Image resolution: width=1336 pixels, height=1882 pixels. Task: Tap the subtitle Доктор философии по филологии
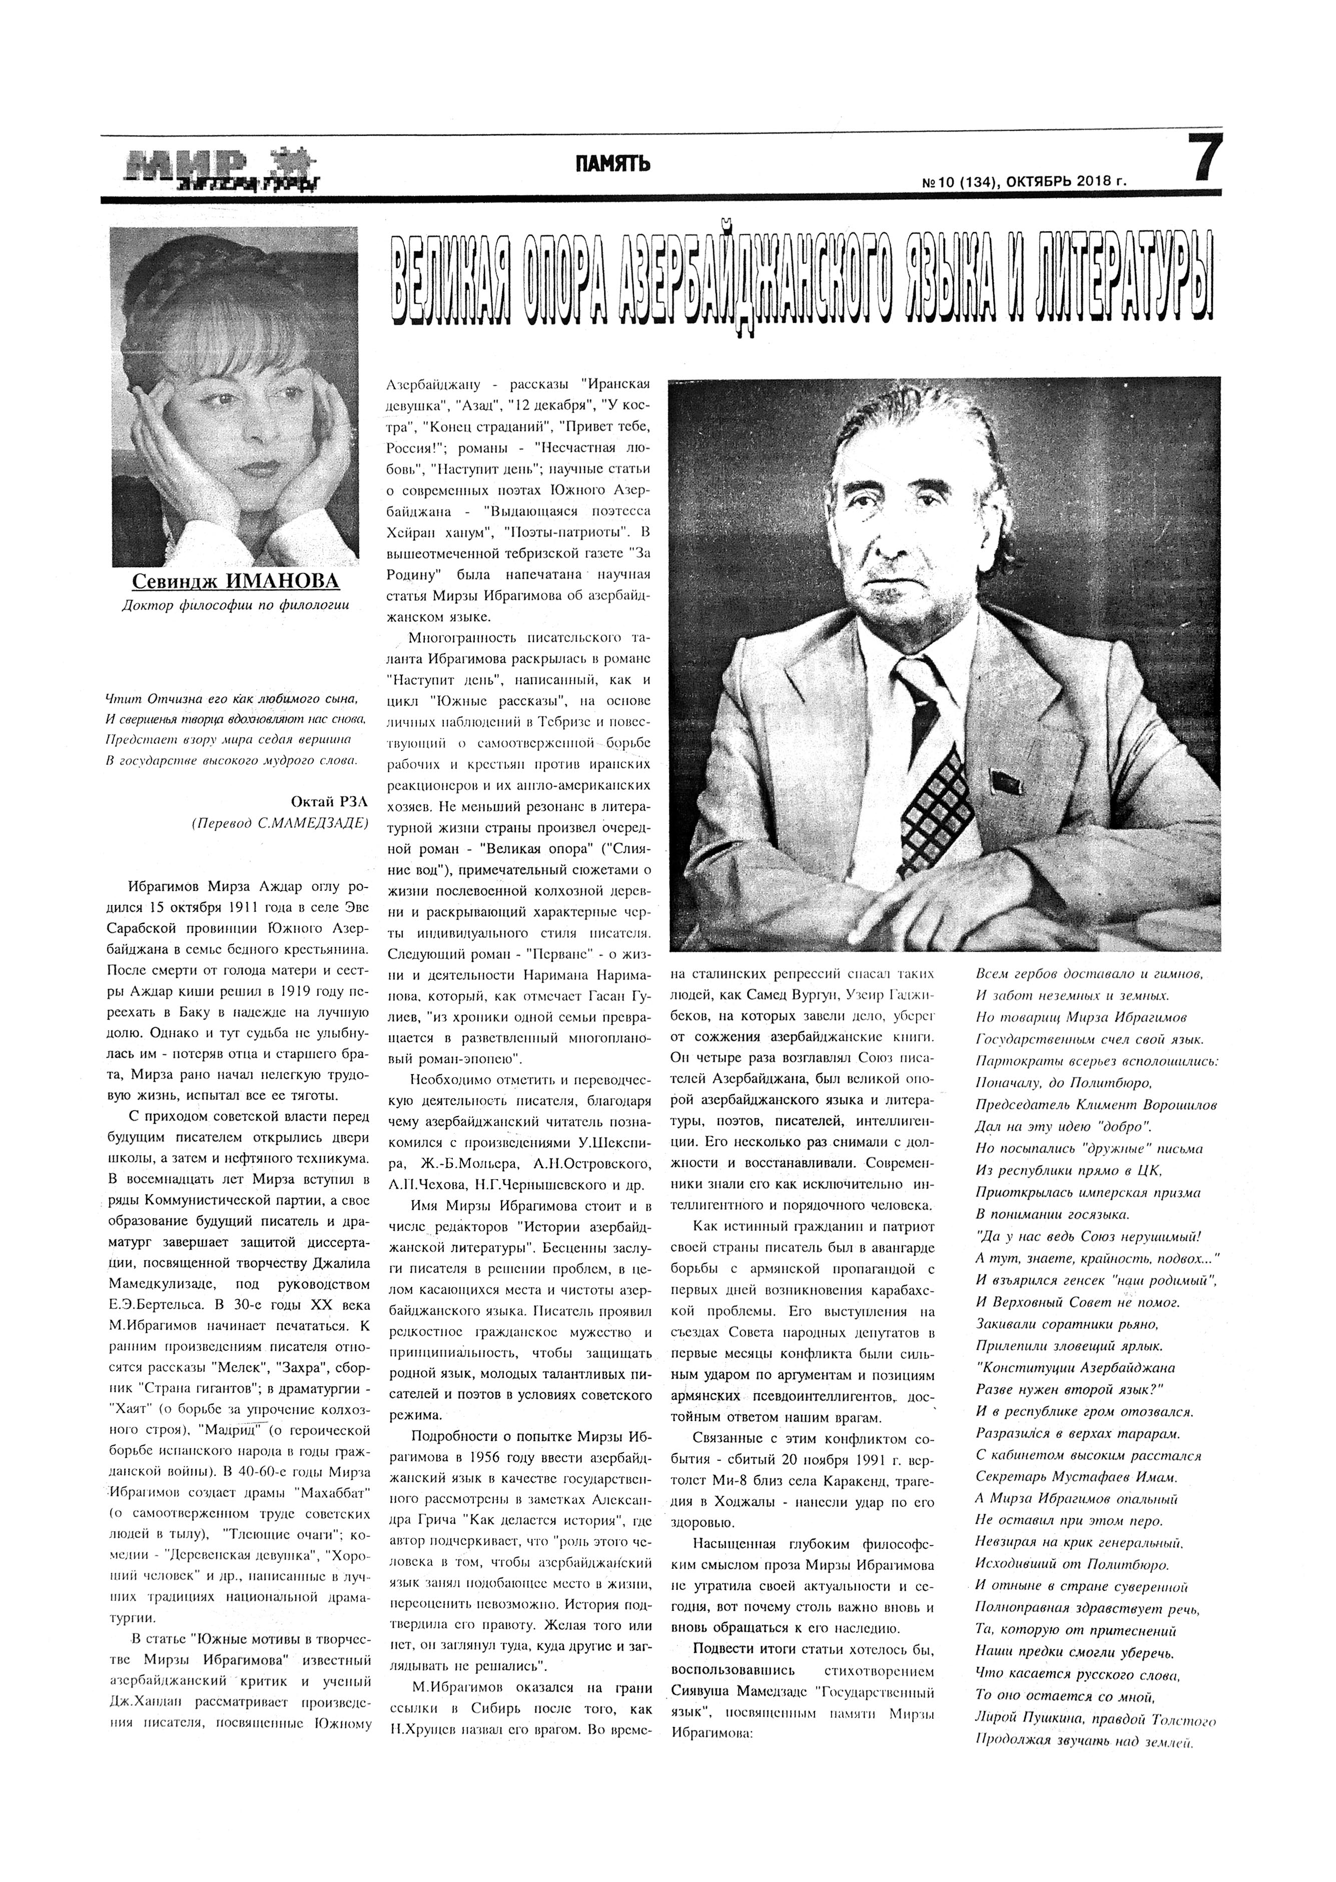click(x=235, y=606)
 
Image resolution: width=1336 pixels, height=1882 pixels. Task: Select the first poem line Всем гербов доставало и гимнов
click(x=1088, y=974)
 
